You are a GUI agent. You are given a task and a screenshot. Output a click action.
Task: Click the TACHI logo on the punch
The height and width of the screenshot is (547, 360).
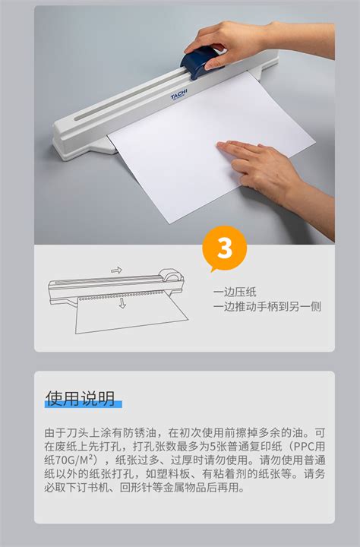coord(179,94)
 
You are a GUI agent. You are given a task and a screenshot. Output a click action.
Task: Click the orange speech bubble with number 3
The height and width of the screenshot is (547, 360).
coord(224,248)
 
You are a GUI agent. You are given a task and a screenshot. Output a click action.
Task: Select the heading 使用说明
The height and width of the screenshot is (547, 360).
coord(81,398)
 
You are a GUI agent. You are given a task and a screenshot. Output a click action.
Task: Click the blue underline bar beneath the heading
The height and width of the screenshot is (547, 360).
coord(84,404)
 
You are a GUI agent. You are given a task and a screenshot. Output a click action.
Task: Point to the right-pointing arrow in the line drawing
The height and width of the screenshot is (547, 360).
coord(116,270)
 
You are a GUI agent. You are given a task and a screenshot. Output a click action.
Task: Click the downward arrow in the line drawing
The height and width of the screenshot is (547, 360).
coord(122,302)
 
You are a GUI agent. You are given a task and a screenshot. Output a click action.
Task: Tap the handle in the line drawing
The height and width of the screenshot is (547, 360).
coord(171,275)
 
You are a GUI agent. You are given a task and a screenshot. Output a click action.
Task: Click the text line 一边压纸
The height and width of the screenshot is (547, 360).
coord(235,292)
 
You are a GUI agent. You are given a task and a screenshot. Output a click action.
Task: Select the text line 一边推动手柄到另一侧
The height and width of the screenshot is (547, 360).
coord(267,306)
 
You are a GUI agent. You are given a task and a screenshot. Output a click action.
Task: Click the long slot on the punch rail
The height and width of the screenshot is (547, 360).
coord(128,98)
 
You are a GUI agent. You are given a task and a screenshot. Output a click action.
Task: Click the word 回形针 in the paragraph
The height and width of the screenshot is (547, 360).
coord(135,487)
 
